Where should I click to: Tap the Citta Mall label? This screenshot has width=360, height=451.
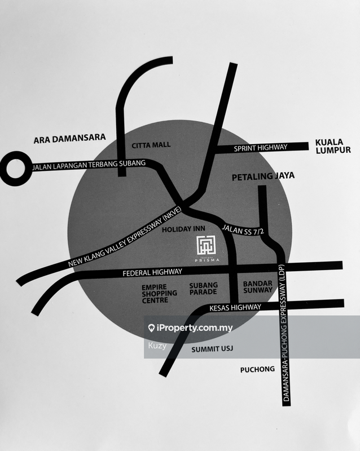(x=151, y=145)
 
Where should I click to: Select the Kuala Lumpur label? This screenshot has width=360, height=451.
(x=333, y=147)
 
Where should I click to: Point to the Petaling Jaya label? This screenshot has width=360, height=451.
(x=264, y=177)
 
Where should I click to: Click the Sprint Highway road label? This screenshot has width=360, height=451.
(x=261, y=148)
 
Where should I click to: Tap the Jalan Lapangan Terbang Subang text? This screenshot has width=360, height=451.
(x=89, y=165)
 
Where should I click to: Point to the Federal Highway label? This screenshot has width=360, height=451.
(x=152, y=273)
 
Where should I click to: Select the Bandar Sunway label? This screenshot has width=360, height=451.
(x=257, y=287)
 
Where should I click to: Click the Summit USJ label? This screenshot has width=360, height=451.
(x=211, y=350)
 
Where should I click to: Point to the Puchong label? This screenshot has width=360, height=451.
(x=257, y=369)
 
